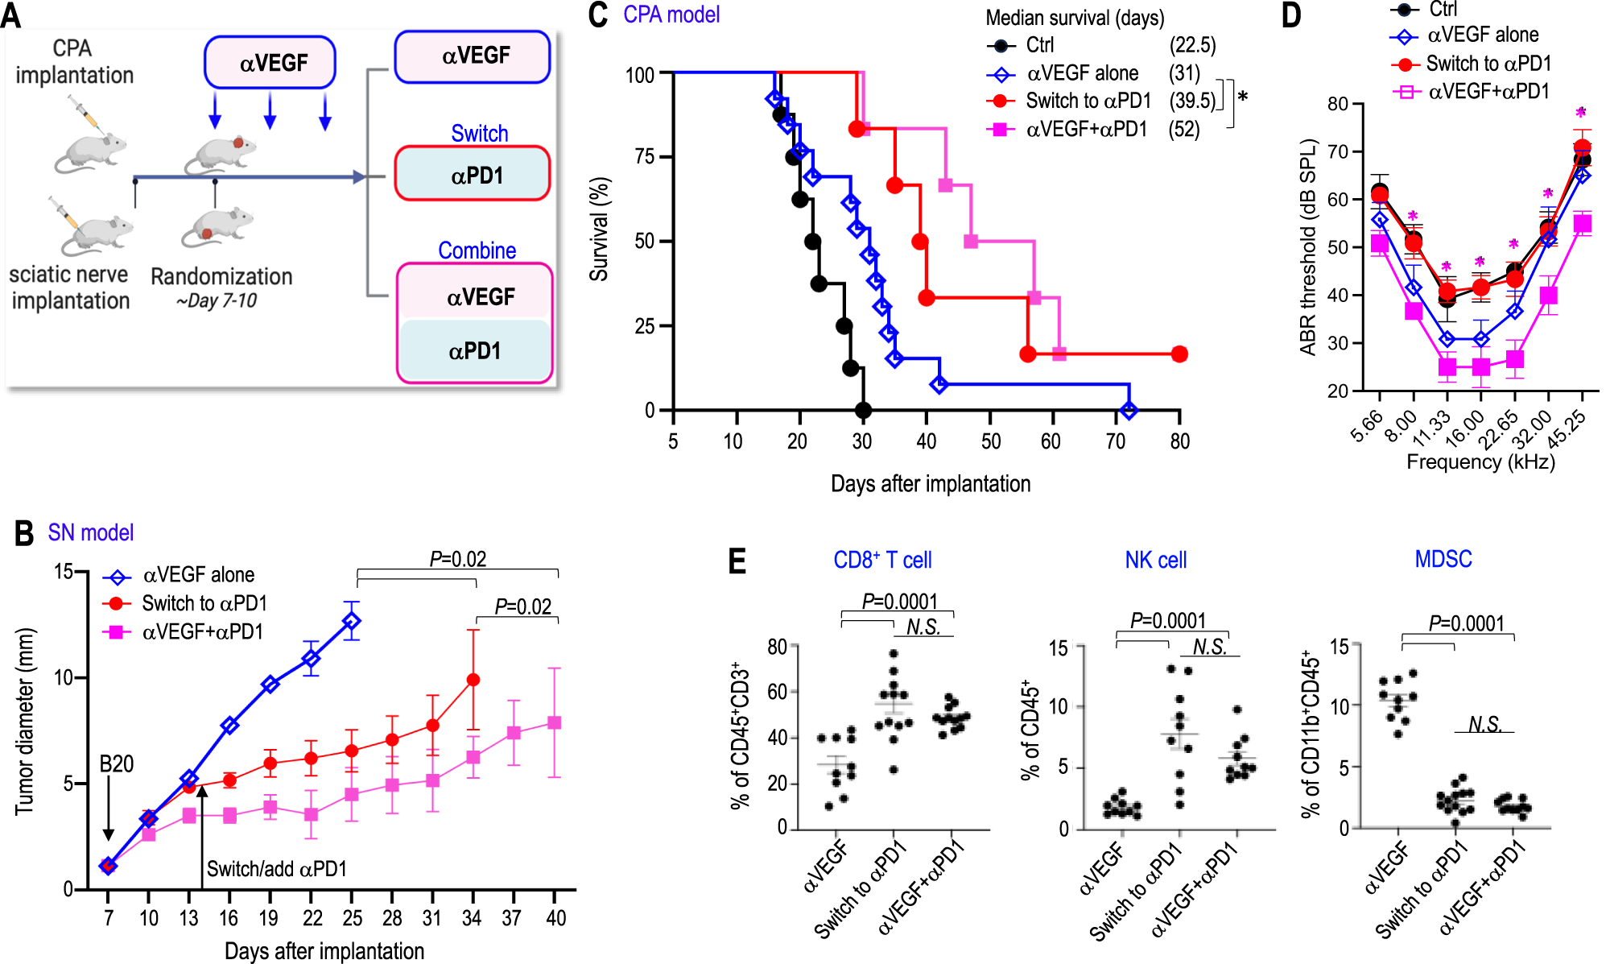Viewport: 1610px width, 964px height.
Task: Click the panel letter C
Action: (x=597, y=15)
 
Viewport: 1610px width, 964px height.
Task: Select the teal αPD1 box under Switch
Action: (x=473, y=174)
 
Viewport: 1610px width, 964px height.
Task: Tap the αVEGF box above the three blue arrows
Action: (x=270, y=62)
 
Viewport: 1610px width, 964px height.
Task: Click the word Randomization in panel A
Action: (x=221, y=276)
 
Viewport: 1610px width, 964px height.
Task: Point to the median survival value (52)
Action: (x=1183, y=129)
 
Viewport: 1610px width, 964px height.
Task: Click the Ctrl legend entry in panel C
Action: (x=1039, y=45)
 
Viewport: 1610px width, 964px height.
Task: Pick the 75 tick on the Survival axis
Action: (x=644, y=156)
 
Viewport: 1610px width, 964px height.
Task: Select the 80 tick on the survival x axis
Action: (x=1179, y=441)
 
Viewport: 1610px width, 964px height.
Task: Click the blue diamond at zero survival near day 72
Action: (x=1129, y=410)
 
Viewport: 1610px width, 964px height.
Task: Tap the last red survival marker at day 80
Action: (x=1179, y=354)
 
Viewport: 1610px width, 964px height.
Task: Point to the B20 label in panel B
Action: (x=116, y=763)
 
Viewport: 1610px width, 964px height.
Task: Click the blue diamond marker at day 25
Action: (x=352, y=621)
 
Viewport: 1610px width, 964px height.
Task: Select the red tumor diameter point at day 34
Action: (x=473, y=680)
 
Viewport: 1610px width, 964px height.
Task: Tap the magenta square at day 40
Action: (x=554, y=722)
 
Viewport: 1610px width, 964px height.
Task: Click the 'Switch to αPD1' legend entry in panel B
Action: (x=204, y=603)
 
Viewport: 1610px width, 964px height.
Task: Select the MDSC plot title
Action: (x=1443, y=559)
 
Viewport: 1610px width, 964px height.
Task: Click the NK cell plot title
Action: (x=1155, y=560)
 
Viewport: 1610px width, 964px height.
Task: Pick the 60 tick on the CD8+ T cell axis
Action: (x=776, y=692)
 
